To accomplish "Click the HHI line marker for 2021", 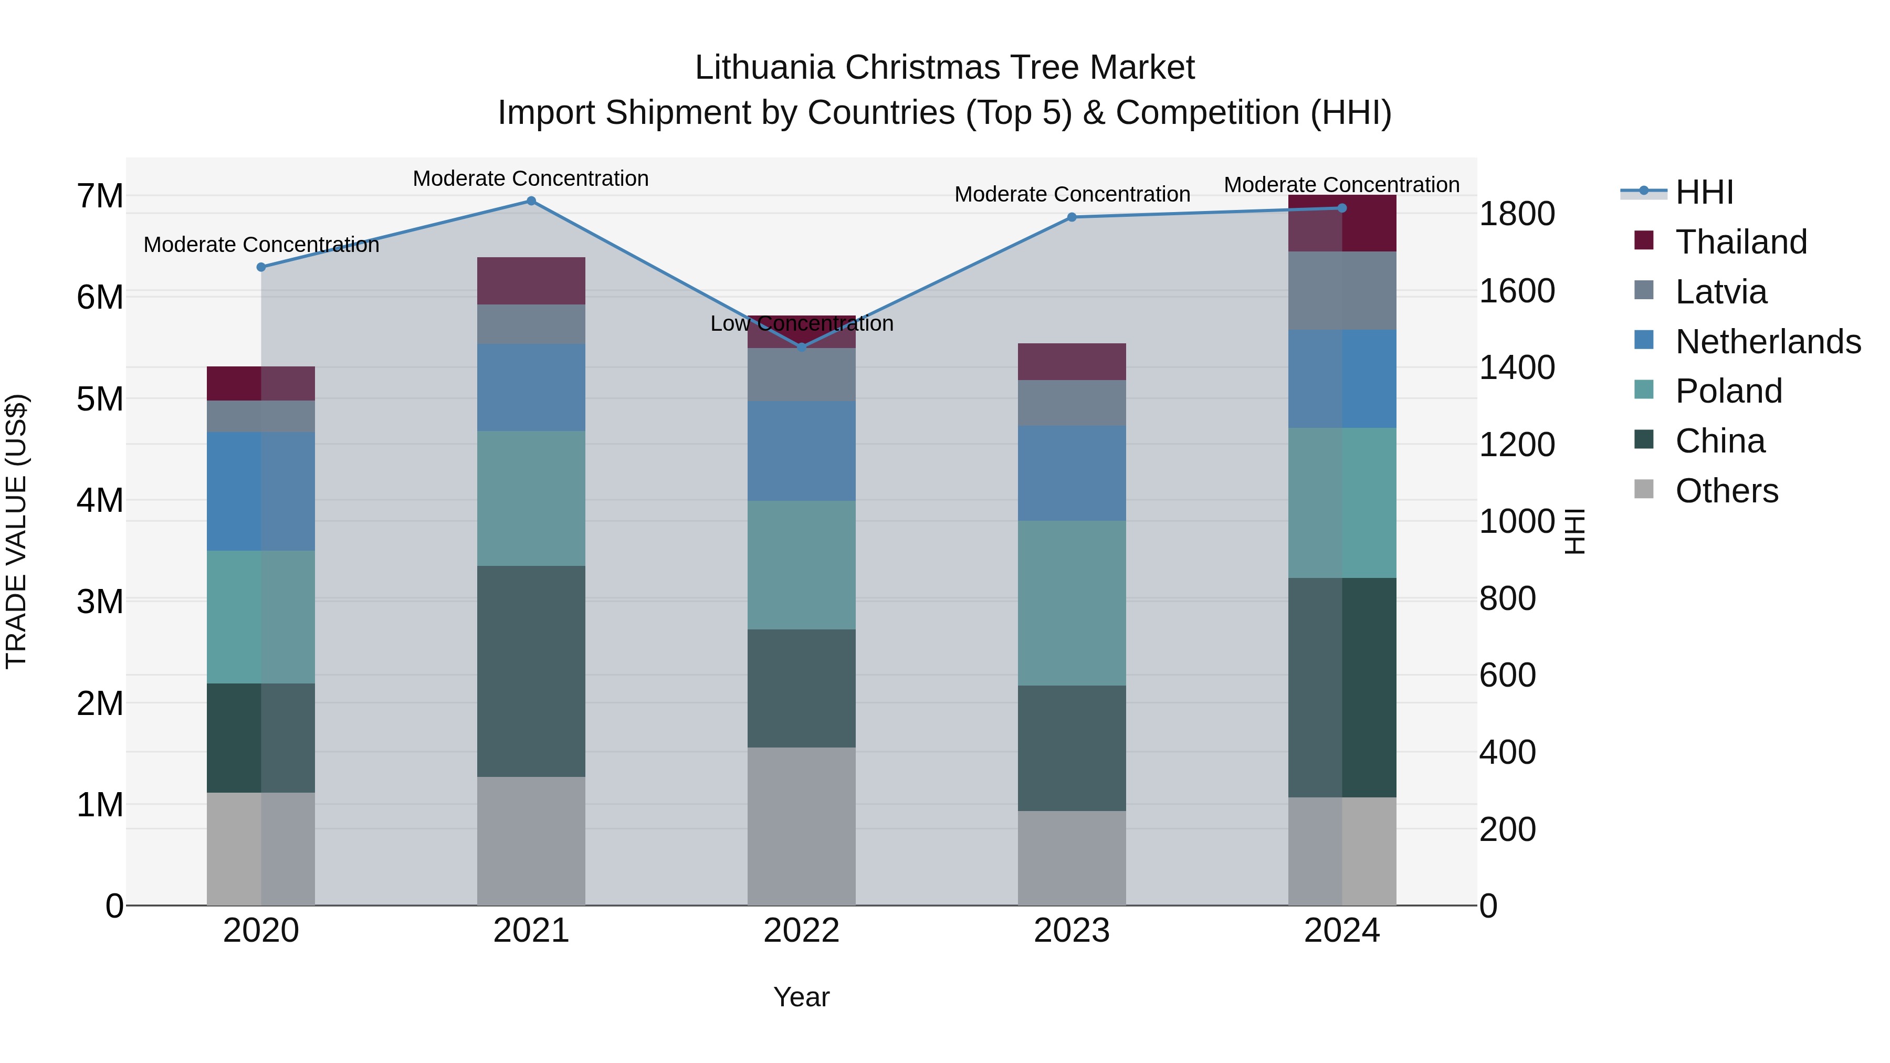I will pos(531,201).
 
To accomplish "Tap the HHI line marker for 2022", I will pos(801,347).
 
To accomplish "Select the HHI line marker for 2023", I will pos(1071,217).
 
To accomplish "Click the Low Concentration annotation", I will pos(801,323).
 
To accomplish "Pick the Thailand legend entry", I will pos(1741,242).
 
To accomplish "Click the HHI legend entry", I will pos(1704,192).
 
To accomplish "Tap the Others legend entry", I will pos(1726,491).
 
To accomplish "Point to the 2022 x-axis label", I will pos(801,931).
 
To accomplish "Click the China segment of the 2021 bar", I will pos(531,671).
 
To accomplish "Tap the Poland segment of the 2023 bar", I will pos(1071,603).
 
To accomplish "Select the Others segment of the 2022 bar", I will pos(801,826).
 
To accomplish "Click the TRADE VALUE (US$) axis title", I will pos(16,531).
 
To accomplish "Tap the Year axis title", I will pos(801,997).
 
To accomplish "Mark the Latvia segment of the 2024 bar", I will pos(1342,290).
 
